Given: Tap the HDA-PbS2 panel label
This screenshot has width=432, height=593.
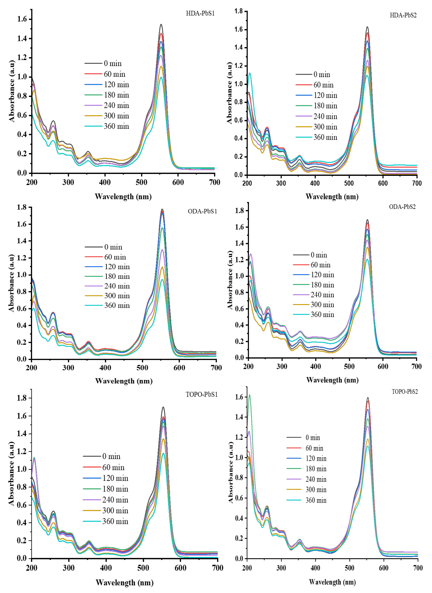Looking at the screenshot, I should point(403,15).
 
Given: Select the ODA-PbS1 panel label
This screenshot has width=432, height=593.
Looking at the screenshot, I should point(202,211).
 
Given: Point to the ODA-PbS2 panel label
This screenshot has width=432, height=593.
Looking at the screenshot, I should point(402,207).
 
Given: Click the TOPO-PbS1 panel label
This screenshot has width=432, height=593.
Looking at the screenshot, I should point(201,394).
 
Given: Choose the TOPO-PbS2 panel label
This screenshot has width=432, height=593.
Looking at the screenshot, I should point(405,391).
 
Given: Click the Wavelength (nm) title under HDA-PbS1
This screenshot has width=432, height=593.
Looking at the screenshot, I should point(123,197).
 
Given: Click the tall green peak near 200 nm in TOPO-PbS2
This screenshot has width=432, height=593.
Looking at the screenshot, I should point(249,395).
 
